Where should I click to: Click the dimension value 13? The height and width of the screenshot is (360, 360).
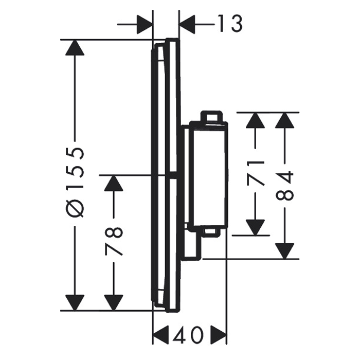tap(230, 24)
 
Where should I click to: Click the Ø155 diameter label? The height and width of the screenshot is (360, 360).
tap(75, 183)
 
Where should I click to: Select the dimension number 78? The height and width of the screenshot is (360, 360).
tap(114, 241)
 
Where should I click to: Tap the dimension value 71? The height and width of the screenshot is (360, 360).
tap(256, 173)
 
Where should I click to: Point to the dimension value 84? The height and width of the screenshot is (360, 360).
tap(285, 186)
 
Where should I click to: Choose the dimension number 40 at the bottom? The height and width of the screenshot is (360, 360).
tap(189, 335)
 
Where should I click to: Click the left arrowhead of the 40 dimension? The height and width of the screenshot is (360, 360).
tap(160, 334)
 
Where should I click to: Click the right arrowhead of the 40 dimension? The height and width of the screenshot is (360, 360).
tap(219, 334)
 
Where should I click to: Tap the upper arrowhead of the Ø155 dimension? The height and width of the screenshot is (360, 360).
tap(75, 48)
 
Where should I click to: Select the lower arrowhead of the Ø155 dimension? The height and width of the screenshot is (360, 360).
tap(75, 302)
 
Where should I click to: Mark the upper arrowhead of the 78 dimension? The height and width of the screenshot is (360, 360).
tap(114, 183)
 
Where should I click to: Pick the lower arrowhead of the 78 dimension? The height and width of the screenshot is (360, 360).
tap(114, 302)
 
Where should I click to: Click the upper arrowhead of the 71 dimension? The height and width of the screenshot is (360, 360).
tap(255, 120)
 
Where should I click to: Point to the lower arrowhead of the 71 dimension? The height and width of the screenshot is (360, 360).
tap(255, 227)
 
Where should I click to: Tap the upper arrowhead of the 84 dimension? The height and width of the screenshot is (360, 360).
tap(285, 120)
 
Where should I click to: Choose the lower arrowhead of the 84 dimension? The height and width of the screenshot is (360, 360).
tap(285, 251)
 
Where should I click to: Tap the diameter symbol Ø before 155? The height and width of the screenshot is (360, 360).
tap(75, 208)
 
